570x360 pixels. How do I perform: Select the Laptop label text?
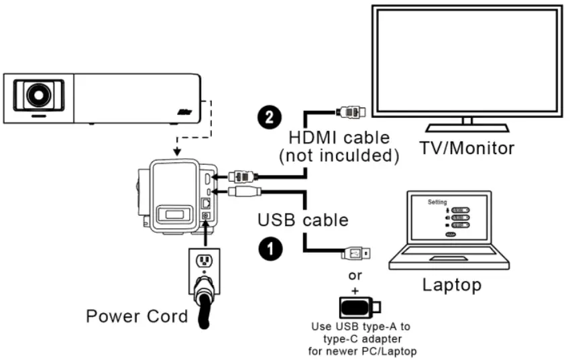pyautogui.click(x=451, y=284)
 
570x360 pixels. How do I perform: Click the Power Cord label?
pyautogui.click(x=137, y=316)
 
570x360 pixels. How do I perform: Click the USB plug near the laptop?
pyautogui.click(x=355, y=254)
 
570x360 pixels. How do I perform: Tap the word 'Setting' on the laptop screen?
pyautogui.click(x=437, y=201)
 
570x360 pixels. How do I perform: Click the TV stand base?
pyautogui.click(x=467, y=128)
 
